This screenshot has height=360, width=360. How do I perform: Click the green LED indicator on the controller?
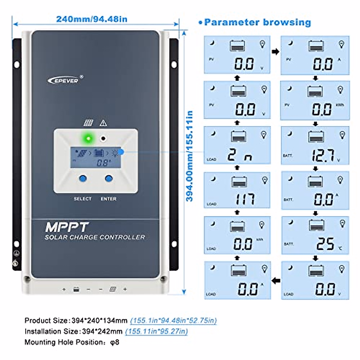[88, 139]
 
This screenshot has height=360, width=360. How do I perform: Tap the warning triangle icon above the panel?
[103, 123]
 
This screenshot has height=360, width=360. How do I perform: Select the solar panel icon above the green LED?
[88, 123]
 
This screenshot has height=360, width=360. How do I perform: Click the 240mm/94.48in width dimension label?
[92, 19]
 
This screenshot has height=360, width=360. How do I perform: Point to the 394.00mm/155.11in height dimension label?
[189, 156]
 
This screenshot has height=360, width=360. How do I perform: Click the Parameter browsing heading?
[257, 22]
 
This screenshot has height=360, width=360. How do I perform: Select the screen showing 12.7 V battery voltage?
[315, 145]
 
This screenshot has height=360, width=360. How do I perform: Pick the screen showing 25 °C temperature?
[315, 235]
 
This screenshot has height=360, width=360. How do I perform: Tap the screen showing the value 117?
[237, 190]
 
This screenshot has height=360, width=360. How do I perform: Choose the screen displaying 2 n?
[237, 145]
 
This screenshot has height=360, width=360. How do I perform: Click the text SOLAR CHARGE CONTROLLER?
[95, 237]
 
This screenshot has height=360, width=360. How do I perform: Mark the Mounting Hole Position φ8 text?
[72, 342]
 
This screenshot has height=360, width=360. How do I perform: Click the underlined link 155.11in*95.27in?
[156, 331]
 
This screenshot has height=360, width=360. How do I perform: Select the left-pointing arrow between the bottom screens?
[276, 281]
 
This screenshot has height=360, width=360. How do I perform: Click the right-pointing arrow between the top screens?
[275, 52]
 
